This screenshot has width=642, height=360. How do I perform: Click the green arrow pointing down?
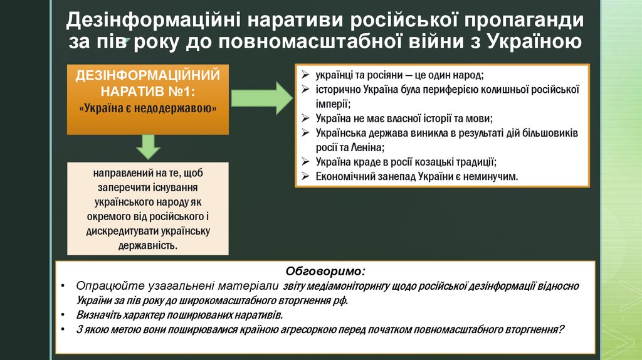149,146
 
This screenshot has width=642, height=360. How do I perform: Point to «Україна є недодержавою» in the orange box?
148,108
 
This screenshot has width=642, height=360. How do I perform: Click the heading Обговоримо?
325,272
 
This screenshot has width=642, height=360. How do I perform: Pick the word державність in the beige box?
148,245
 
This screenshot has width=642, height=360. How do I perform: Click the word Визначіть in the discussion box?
101,315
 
